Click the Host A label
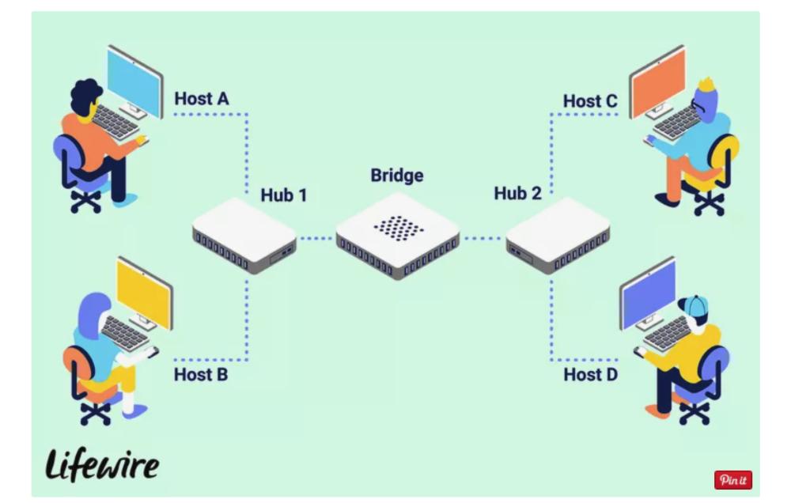202,99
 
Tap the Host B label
201,373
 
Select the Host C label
590,100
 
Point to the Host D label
590,373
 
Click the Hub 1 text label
283,195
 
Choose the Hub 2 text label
517,193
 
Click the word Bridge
397,175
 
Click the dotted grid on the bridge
399,228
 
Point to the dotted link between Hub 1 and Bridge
316,237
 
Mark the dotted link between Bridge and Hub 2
483,237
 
